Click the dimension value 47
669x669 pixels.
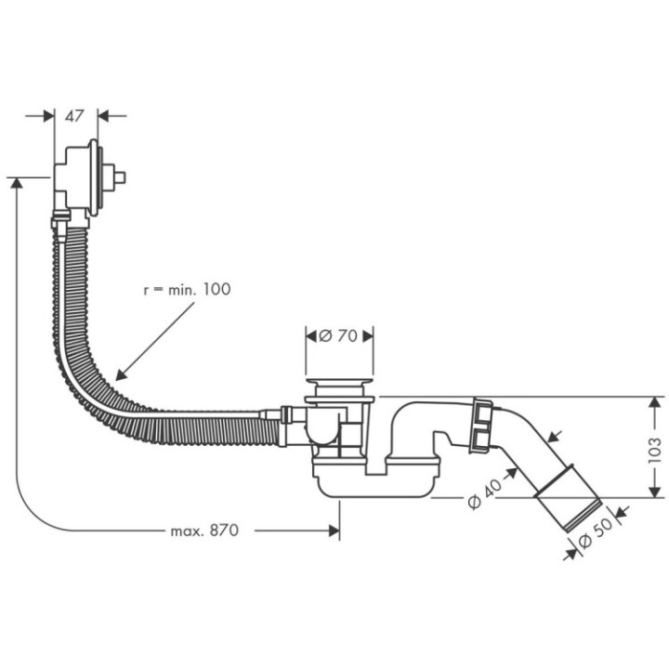pos(75,116)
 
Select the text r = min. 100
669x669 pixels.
pos(186,289)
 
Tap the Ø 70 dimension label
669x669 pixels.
pos(339,335)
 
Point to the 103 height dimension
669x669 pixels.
pos(656,449)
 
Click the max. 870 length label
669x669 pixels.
pos(204,531)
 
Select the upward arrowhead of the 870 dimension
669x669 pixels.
pos(16,182)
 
